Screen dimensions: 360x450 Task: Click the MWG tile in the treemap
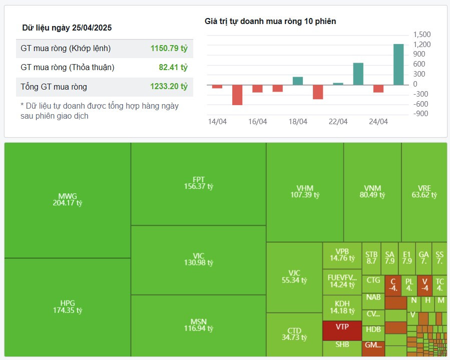click(x=68, y=199)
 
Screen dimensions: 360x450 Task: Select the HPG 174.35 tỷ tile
click(x=68, y=306)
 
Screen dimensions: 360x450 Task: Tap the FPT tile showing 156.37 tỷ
click(x=198, y=183)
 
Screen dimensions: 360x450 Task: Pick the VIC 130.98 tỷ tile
click(x=198, y=259)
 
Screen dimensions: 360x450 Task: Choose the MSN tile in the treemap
click(x=198, y=325)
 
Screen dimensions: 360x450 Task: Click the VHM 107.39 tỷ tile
click(x=304, y=192)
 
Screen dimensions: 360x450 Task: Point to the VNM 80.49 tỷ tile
click(x=372, y=192)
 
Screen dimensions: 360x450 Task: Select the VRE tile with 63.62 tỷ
click(x=424, y=192)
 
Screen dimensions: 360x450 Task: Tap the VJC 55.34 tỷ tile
click(x=294, y=276)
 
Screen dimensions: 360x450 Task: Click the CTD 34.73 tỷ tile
click(x=294, y=334)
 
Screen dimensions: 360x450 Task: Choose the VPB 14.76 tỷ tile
click(x=342, y=255)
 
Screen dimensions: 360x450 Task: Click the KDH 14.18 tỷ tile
click(x=342, y=307)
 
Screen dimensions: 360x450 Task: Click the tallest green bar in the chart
click(x=398, y=65)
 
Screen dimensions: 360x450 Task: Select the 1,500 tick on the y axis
click(x=422, y=35)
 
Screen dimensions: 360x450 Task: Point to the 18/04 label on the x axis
click(x=298, y=122)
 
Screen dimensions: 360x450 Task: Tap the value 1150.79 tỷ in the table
click(x=169, y=49)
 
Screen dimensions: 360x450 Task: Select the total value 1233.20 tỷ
click(x=169, y=87)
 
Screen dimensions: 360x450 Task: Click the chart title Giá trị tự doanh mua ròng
click(x=270, y=21)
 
